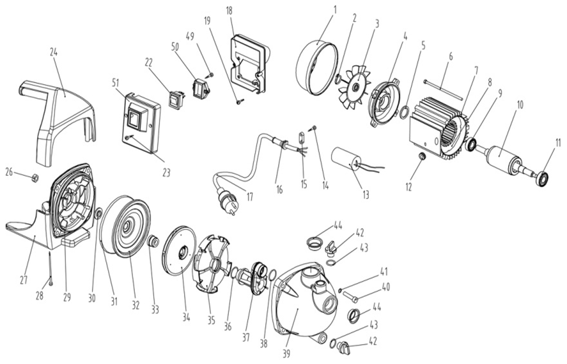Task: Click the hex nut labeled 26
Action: [x=36, y=177]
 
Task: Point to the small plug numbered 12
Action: [x=421, y=156]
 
